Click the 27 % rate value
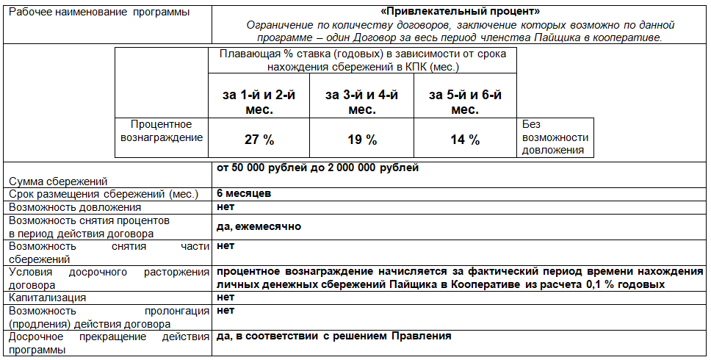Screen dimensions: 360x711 (259, 140)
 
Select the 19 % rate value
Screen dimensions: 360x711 (361, 140)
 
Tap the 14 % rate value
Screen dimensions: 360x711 (464, 140)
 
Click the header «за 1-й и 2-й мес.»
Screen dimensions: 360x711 (259, 102)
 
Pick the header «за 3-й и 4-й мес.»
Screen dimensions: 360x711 (361, 102)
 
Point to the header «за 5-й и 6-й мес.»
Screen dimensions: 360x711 (464, 102)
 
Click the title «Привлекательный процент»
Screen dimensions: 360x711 (461, 12)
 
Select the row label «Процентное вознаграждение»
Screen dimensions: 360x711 (162, 131)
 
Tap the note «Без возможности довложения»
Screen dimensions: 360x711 (555, 137)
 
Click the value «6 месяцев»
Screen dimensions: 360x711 (244, 194)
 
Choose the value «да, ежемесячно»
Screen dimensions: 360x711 (259, 226)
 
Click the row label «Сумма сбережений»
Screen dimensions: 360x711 (58, 181)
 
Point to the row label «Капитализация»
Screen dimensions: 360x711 (48, 298)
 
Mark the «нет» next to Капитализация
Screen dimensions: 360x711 (225, 298)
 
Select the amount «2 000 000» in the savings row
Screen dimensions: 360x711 (347, 168)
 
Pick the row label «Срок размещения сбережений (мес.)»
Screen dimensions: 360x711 (103, 195)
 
